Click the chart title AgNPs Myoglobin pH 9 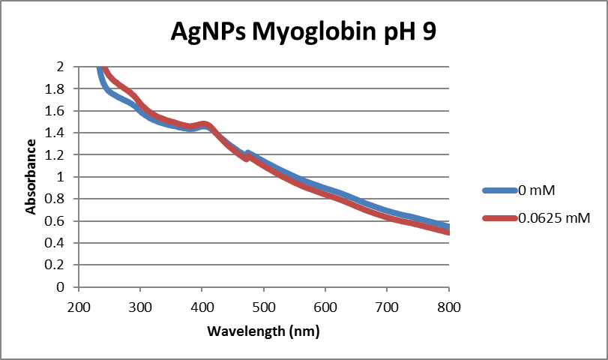(x=304, y=33)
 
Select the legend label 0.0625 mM (x=554, y=218)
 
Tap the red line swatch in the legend (x=499, y=218)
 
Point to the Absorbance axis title (x=31, y=176)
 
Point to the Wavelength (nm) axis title (x=263, y=330)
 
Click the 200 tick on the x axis (x=78, y=307)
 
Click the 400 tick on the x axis (x=202, y=307)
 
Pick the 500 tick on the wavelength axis (x=264, y=307)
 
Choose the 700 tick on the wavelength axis (x=387, y=307)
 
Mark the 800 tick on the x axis (x=448, y=307)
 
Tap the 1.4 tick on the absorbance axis (x=58, y=133)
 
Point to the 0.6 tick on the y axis (x=58, y=221)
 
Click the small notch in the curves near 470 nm (x=247, y=156)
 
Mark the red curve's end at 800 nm (x=448, y=232)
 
